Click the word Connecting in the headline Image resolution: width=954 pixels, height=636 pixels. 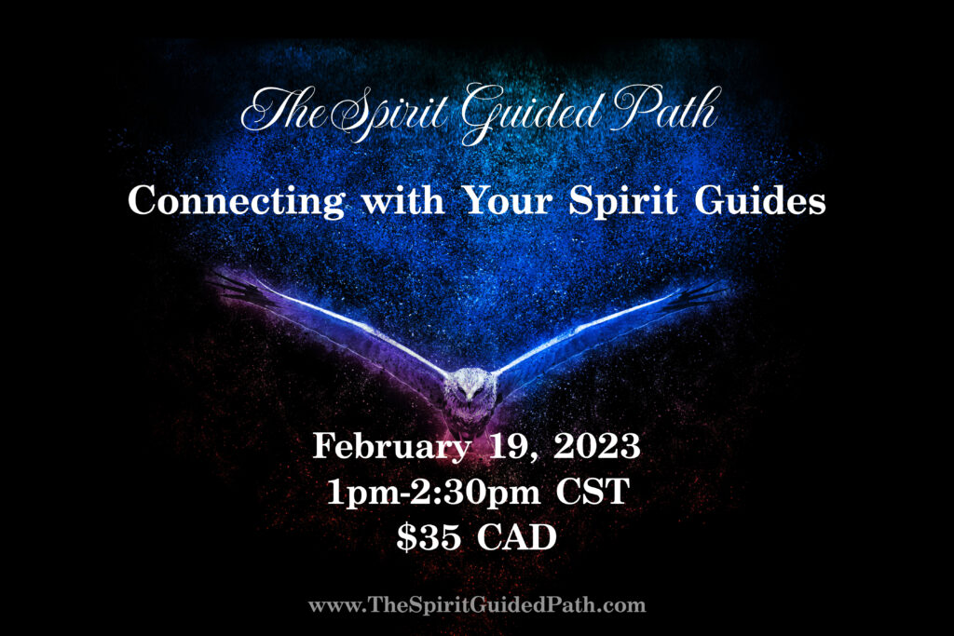[x=237, y=201]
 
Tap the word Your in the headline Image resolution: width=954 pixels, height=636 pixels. [x=508, y=199]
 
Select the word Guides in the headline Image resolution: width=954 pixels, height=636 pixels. [x=760, y=199]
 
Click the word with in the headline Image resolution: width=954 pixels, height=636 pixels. [x=403, y=199]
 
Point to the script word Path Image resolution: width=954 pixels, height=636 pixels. [x=666, y=110]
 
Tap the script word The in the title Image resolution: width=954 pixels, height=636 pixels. [x=283, y=110]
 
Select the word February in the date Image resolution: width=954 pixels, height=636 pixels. [x=391, y=447]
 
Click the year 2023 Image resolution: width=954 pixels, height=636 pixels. [x=597, y=446]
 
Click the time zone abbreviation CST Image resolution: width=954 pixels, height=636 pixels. [x=593, y=492]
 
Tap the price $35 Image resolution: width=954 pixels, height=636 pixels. [x=429, y=537]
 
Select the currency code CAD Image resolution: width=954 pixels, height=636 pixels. [x=516, y=537]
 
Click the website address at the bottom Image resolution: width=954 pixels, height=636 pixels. [x=477, y=605]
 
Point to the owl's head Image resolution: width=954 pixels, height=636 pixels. [x=470, y=386]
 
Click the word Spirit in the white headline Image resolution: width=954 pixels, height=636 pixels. [x=623, y=201]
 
